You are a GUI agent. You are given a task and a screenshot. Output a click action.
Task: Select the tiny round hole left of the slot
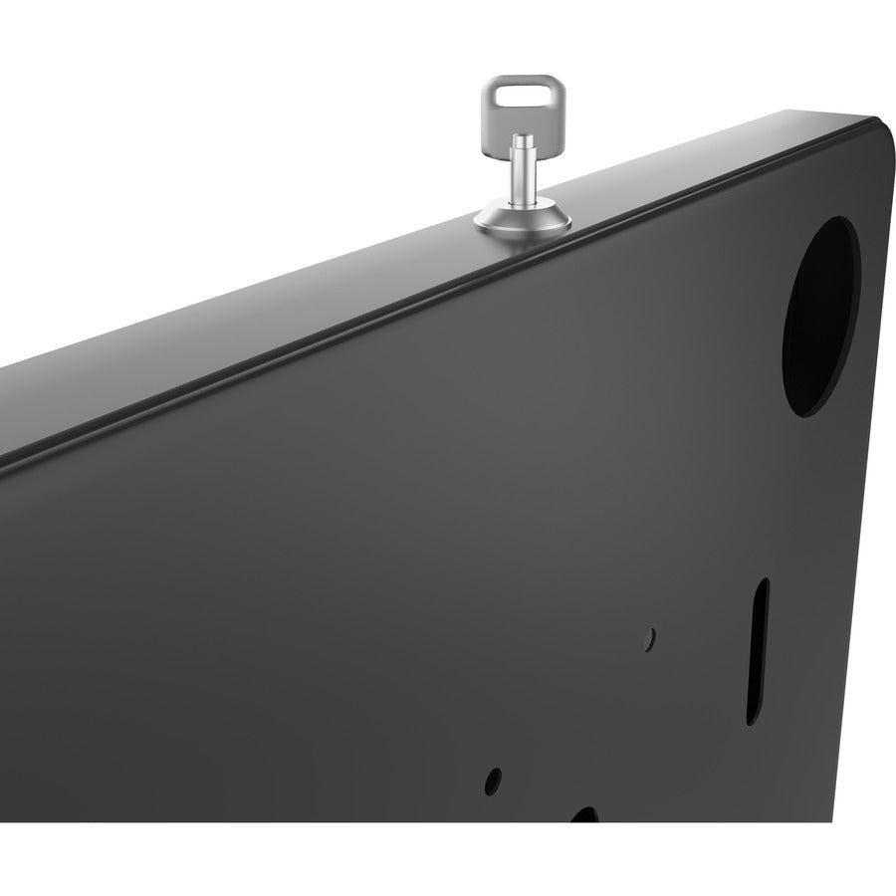click(649, 633)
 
